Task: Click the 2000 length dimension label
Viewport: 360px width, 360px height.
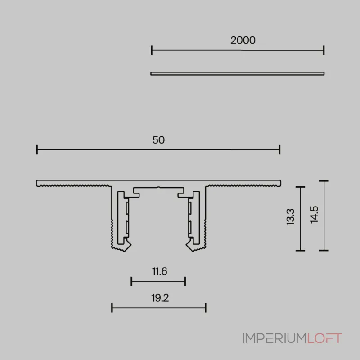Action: pyautogui.click(x=243, y=40)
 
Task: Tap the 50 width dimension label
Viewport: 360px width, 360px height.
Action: pyautogui.click(x=158, y=140)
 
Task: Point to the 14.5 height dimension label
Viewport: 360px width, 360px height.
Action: pyautogui.click(x=314, y=214)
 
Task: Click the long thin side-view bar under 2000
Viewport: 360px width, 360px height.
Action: pyautogui.click(x=237, y=73)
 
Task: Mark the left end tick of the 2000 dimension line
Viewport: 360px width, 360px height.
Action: pyautogui.click(x=152, y=50)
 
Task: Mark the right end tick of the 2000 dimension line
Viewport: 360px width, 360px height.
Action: pyautogui.click(x=324, y=50)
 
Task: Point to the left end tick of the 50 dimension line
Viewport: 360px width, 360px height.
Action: pyautogui.click(x=37, y=150)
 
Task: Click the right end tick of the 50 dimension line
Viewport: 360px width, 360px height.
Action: pyautogui.click(x=280, y=150)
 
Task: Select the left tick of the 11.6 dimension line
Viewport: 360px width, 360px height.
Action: pyautogui.click(x=131, y=282)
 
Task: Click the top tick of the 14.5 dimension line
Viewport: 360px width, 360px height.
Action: pyautogui.click(x=324, y=181)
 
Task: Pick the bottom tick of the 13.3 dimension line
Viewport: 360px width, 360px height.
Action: pyautogui.click(x=300, y=250)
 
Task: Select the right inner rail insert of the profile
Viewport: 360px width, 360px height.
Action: pyautogui.click(x=192, y=218)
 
